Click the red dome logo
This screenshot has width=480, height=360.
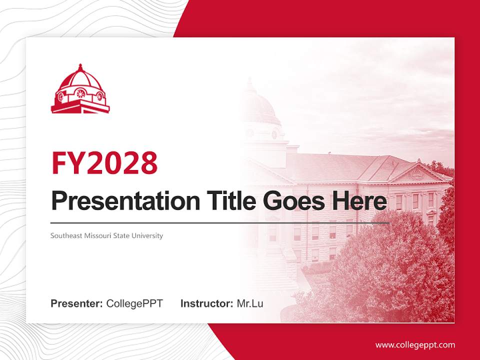80,89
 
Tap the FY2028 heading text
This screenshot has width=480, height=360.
104,163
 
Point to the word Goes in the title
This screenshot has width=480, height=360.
294,201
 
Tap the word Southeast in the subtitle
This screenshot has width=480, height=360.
66,235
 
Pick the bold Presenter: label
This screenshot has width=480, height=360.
76,303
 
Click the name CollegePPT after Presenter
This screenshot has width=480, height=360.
134,303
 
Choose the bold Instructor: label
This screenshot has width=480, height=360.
207,303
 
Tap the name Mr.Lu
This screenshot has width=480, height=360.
250,303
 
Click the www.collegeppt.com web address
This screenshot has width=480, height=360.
415,345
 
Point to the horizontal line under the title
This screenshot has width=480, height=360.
220,223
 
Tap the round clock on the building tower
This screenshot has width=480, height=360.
274,134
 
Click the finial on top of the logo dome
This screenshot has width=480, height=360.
80,67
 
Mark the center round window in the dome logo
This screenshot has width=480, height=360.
81,93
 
